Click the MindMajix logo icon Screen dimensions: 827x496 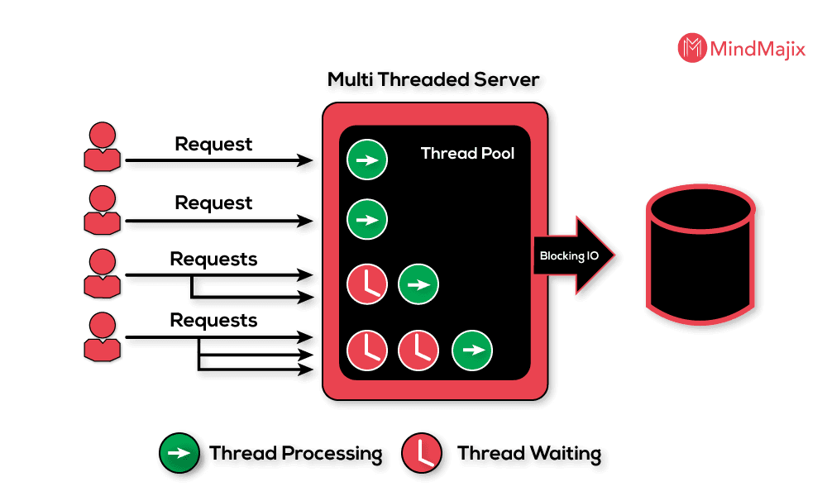pos(692,48)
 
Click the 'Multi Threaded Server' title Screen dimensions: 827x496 pos(433,79)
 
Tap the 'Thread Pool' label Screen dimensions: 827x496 pos(467,154)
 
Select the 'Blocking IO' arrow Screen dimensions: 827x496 pos(574,255)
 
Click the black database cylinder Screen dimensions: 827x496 pos(700,254)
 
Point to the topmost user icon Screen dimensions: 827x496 pos(103,146)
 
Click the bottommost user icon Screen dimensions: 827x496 pos(103,336)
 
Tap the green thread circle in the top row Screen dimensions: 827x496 pos(367,160)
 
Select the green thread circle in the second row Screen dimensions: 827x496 pos(367,219)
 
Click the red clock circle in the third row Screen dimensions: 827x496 pos(367,284)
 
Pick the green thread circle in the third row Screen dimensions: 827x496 pos(418,284)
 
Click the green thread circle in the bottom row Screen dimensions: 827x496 pos(472,350)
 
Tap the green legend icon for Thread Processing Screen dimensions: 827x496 pos(179,453)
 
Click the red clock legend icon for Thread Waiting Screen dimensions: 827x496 pos(422,453)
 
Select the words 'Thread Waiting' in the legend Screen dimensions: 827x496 pos(529,454)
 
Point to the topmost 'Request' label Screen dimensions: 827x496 pos(213,144)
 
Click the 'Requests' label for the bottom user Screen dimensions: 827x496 pos(213,321)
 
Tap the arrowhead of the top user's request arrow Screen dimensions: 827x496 pos(305,160)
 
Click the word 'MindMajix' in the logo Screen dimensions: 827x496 pos(758,49)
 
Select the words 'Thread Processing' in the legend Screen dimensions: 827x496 pos(296,454)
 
